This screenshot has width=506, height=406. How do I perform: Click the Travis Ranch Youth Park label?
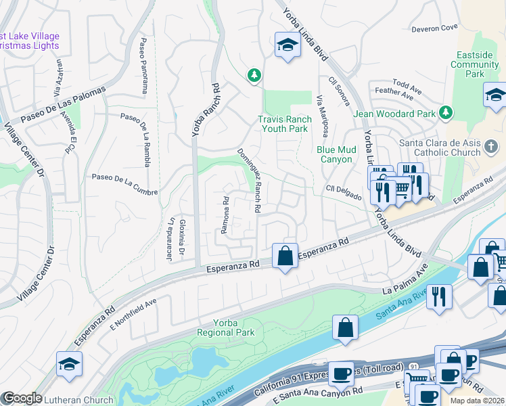285,124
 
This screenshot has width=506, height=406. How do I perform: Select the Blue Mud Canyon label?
334,154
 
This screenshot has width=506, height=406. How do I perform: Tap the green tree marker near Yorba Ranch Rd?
254,75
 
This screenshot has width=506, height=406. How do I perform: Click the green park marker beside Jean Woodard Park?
446,112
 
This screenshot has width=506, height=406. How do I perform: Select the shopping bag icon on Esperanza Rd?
285,256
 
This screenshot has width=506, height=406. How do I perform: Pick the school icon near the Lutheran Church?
69,364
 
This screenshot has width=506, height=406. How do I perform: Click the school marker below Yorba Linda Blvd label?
287,46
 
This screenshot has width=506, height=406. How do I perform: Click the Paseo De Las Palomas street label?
64,104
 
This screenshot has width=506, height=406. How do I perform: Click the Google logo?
22,398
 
